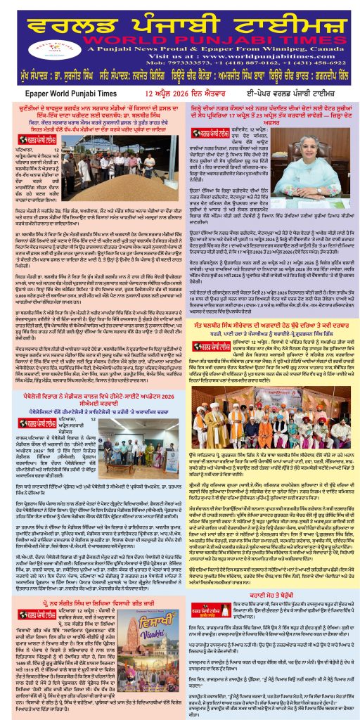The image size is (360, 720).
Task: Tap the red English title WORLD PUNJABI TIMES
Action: point(210,34)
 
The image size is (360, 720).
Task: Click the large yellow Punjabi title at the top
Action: point(179,15)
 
